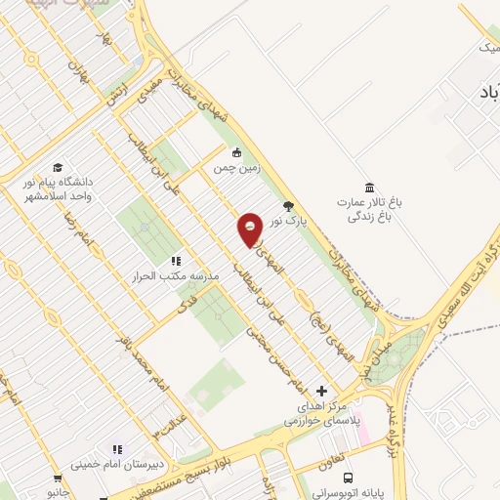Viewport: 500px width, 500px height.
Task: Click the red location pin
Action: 250,229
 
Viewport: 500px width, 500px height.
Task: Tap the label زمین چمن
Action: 234,169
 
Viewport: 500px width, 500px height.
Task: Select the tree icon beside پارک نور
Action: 288,205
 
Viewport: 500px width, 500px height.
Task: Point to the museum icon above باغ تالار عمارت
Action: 368,187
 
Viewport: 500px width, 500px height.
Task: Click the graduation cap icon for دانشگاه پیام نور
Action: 58,168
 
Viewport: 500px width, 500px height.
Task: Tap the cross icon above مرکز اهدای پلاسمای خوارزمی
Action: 322,391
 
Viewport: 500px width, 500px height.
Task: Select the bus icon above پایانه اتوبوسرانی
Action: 349,478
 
